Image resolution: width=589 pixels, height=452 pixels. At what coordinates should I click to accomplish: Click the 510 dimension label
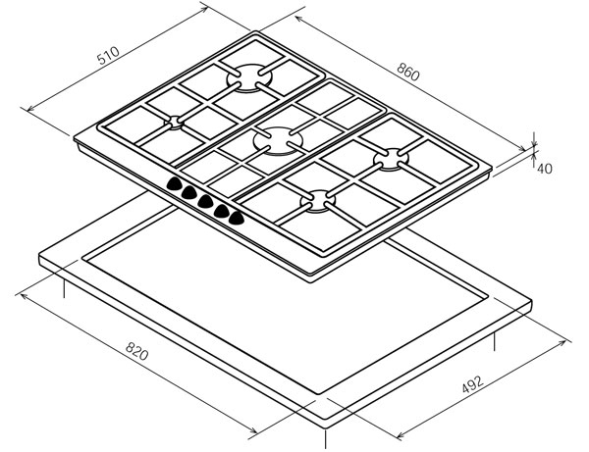[108, 55]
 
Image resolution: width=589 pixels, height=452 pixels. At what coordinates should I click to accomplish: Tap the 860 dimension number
[408, 72]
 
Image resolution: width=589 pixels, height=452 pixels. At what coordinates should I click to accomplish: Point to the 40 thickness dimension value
[544, 169]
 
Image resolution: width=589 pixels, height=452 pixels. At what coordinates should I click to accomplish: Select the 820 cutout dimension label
[136, 351]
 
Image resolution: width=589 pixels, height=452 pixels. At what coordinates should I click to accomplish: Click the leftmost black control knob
[174, 183]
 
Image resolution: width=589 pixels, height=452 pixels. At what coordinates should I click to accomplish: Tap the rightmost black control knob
[237, 218]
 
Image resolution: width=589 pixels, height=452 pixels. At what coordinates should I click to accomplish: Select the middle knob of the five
[205, 201]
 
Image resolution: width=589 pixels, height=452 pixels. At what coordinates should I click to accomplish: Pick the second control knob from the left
[189, 192]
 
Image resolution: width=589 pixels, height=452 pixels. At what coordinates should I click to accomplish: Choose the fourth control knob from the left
[222, 210]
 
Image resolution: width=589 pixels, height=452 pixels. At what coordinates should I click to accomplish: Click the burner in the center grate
[278, 141]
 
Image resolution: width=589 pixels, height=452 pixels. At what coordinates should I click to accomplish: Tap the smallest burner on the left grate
[175, 123]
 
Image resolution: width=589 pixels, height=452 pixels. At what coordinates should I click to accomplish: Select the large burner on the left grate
[249, 77]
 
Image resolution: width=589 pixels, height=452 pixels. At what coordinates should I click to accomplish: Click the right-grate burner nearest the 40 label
[391, 159]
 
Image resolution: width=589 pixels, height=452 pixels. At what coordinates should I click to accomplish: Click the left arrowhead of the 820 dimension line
[24, 296]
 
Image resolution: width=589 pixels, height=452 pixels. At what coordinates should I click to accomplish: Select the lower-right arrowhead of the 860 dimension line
[522, 149]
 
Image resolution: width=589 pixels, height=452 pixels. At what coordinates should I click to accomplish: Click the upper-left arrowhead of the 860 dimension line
[299, 19]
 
